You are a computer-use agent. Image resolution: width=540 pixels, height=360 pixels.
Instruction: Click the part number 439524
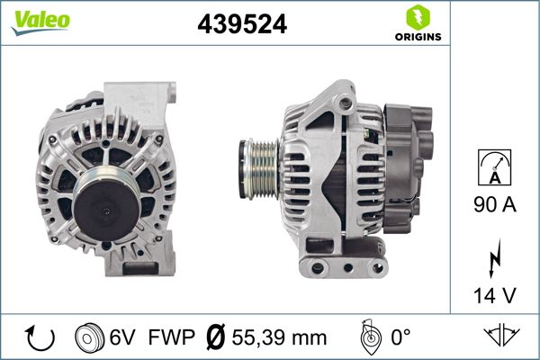241,25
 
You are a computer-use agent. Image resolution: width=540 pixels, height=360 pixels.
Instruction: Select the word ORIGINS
418,37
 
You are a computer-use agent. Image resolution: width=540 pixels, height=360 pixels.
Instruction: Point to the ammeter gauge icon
495,169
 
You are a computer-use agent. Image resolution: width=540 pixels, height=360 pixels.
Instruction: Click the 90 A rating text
495,206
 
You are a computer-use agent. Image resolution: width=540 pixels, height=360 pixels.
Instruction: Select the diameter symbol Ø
215,337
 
